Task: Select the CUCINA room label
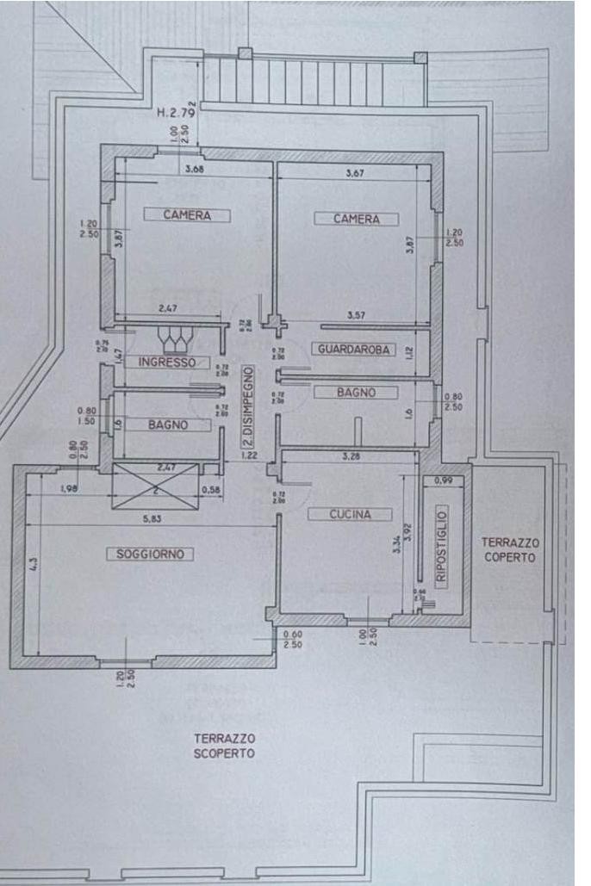pos(350,514)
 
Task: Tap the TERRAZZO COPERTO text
pos(508,549)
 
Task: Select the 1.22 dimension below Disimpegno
pos(251,454)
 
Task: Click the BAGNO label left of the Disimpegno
pos(167,425)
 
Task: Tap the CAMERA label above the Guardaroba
pos(357,219)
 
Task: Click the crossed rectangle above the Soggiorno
pos(155,490)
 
